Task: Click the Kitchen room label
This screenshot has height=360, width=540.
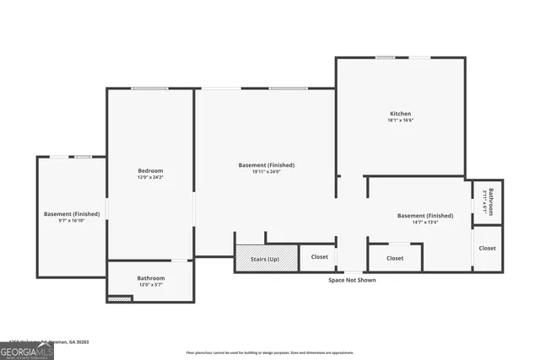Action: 400,114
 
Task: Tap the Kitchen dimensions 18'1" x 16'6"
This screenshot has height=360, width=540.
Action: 400,121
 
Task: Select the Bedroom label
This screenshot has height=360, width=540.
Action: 150,171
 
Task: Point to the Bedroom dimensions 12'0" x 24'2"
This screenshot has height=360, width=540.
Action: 150,178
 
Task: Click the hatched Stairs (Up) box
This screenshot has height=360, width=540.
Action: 267,258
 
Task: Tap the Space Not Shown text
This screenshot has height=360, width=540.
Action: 352,280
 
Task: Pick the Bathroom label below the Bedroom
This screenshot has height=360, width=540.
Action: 151,278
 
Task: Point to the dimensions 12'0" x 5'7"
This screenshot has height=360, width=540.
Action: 151,285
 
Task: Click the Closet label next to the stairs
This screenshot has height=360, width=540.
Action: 319,257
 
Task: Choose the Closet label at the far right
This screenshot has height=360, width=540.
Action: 488,249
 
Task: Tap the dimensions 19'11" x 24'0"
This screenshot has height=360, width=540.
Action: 267,172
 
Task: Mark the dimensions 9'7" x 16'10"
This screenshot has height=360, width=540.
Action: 72,220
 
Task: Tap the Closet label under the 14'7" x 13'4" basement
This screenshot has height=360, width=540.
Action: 395,258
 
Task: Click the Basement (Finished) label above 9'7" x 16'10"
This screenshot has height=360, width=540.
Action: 72,213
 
